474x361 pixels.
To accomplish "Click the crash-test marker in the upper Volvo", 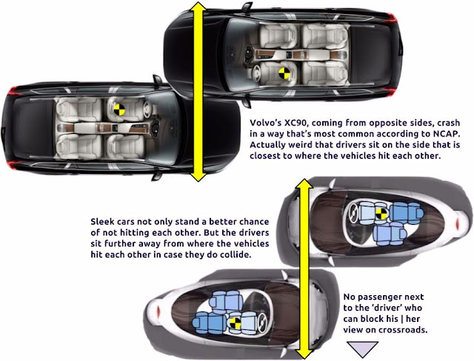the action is (x=284, y=73).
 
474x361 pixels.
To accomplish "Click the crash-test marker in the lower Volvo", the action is (x=119, y=109).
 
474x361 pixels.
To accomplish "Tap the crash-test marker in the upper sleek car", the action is (x=381, y=214).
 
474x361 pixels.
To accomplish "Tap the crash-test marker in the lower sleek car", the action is (x=235, y=323).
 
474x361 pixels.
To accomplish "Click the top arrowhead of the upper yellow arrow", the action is (x=198, y=7).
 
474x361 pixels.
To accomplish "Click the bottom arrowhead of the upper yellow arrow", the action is (x=198, y=176).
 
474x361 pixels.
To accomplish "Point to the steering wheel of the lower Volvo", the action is (x=147, y=109).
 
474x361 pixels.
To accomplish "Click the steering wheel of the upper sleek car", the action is (x=353, y=212).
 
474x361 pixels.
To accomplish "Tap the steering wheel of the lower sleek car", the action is (x=261, y=323).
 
